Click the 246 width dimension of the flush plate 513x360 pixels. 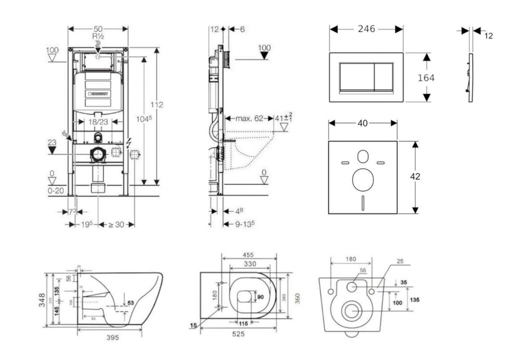click(x=366, y=29)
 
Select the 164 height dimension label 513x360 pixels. click(x=426, y=78)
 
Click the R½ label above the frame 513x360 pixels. click(x=98, y=37)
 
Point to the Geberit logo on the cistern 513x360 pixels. click(x=98, y=93)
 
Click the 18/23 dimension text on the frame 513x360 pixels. click(x=98, y=121)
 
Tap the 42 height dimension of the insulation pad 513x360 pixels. click(x=415, y=176)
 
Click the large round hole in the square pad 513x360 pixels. click(x=363, y=179)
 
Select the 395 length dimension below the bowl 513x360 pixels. click(x=113, y=337)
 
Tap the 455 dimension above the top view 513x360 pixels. click(x=248, y=255)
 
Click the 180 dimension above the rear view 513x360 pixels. click(x=351, y=259)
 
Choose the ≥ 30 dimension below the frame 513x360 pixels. click(x=117, y=224)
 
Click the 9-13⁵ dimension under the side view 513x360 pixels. click(x=241, y=224)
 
